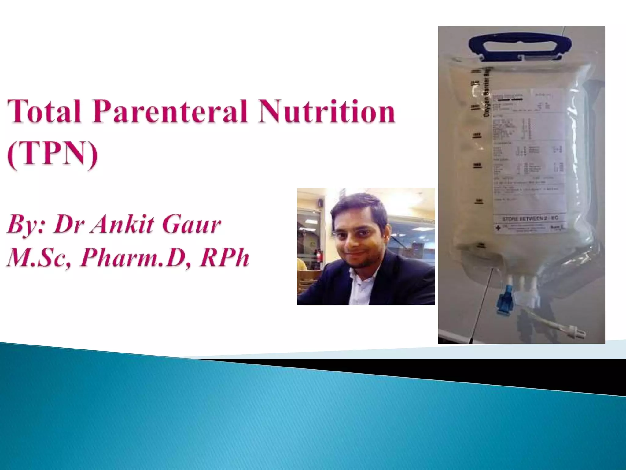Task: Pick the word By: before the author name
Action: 26,226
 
